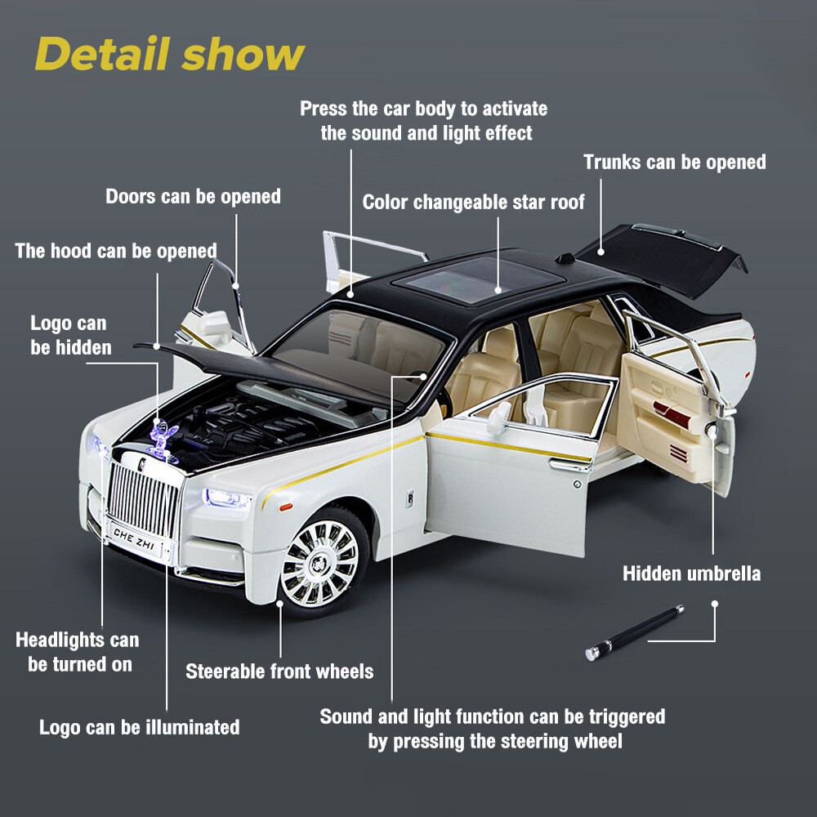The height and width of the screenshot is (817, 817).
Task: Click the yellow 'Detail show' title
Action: (169, 54)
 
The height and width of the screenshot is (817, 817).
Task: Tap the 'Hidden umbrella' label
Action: (691, 574)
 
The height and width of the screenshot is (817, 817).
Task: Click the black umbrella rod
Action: (634, 632)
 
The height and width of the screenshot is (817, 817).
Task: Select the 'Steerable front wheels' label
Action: (279, 672)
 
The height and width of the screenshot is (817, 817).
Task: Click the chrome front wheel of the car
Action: (319, 563)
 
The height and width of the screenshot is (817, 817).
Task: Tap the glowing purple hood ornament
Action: (163, 441)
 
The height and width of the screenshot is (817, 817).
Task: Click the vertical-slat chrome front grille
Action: (143, 500)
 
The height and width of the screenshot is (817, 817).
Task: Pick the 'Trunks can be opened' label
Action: (674, 162)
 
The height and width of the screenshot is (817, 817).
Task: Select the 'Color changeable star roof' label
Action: (473, 202)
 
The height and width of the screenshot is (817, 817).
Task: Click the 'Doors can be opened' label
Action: (193, 196)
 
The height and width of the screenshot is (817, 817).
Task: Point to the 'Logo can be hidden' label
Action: (70, 336)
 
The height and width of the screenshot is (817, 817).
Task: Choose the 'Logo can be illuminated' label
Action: (139, 727)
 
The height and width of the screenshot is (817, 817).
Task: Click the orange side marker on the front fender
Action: (285, 506)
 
